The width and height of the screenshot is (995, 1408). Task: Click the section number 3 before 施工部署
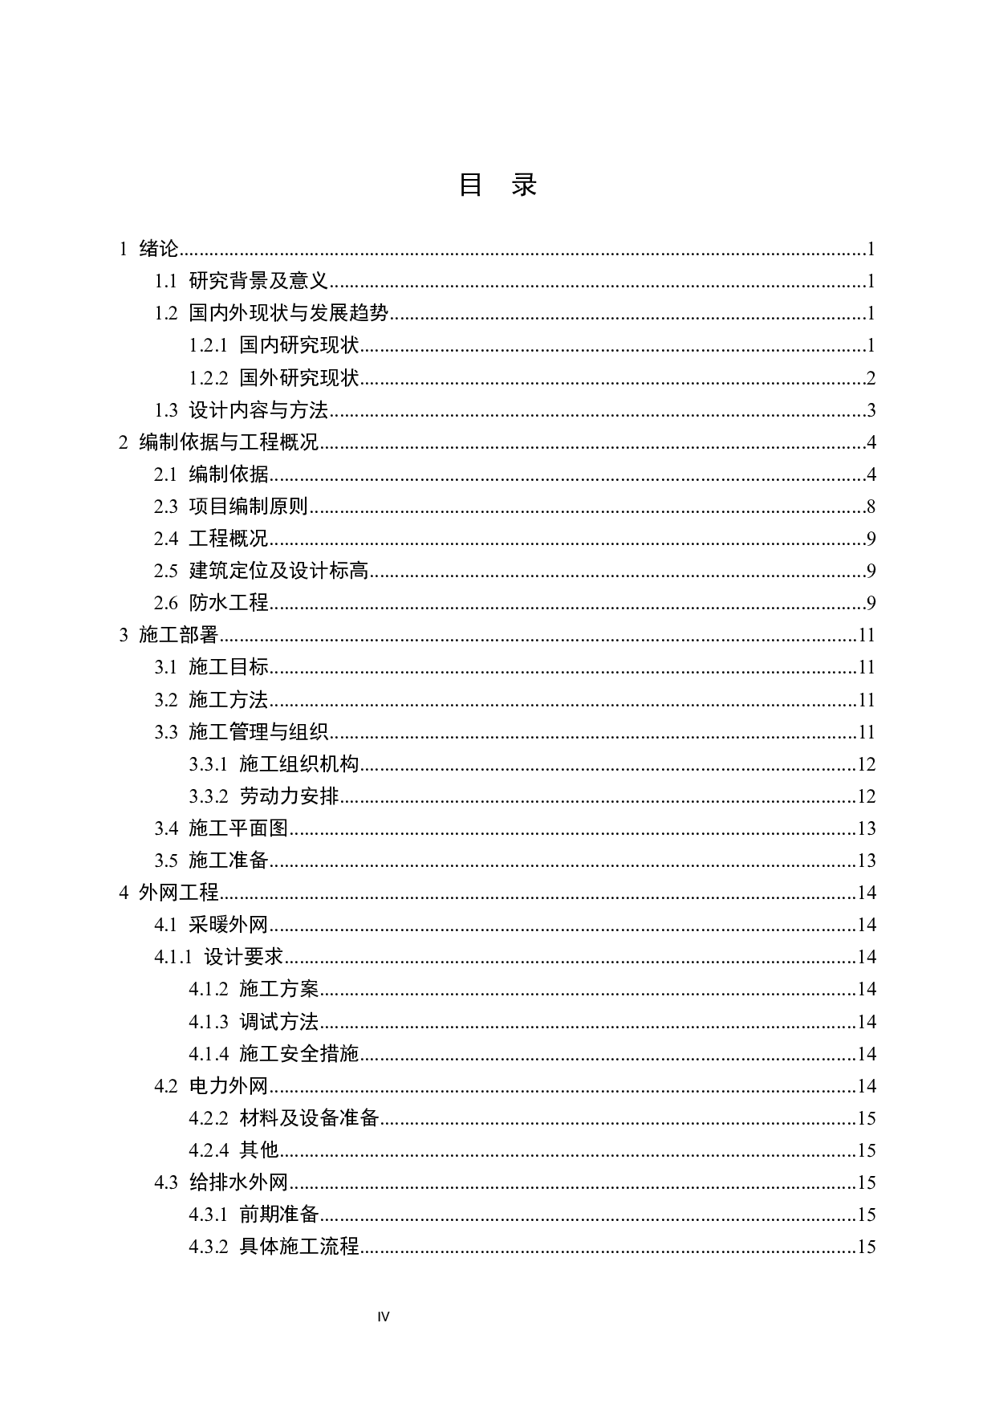(124, 635)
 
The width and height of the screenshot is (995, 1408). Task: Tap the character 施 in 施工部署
(149, 635)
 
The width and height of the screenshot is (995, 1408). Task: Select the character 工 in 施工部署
(169, 635)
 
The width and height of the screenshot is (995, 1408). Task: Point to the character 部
(189, 635)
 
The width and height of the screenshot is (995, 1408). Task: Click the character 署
(209, 635)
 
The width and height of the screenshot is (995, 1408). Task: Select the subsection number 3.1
(165, 667)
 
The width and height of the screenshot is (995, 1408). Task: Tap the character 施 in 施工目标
(199, 667)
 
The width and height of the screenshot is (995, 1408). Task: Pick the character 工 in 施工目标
(219, 667)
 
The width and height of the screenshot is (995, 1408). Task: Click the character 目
(239, 667)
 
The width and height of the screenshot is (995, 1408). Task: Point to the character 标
(259, 667)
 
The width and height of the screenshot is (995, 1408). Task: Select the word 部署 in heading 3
(199, 635)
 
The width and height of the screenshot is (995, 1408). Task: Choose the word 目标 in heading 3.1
(250, 667)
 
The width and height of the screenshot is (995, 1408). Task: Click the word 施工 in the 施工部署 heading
(159, 635)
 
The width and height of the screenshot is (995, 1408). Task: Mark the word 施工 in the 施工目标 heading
(209, 667)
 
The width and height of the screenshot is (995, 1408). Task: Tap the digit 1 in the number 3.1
(172, 667)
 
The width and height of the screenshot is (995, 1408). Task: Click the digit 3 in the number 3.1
(159, 667)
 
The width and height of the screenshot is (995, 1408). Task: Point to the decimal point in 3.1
(165, 671)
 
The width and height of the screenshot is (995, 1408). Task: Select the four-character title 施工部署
(179, 635)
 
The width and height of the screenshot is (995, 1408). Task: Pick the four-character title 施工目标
(229, 667)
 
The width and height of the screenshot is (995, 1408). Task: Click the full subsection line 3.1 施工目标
(212, 667)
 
